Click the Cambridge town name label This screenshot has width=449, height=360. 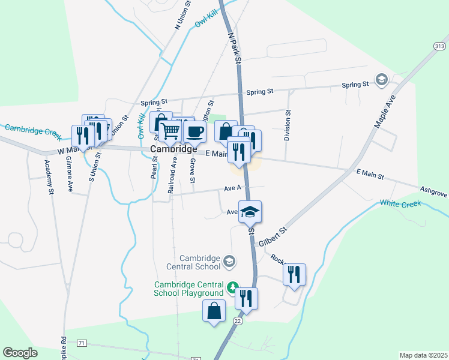point(173,149)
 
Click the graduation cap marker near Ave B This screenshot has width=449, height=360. point(250,211)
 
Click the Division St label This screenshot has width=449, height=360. point(288,125)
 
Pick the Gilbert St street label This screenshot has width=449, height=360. point(273,236)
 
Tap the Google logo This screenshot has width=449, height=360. point(20,353)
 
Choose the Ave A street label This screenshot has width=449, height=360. point(232,188)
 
